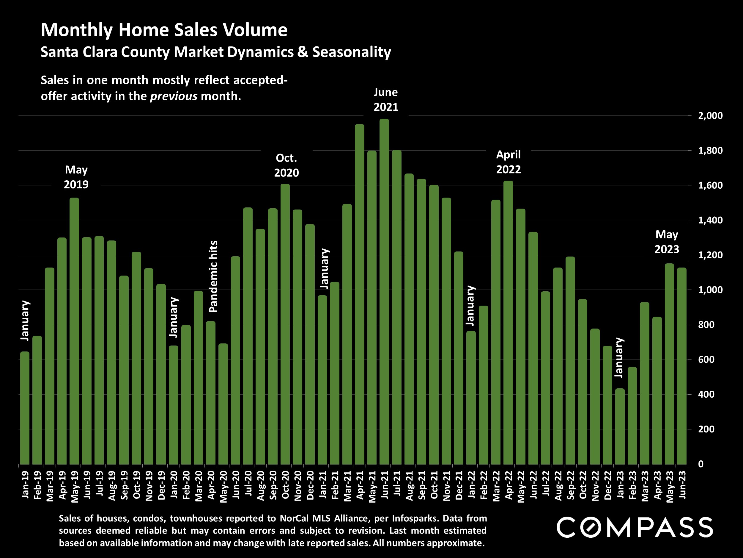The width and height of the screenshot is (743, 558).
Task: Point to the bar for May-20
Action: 223,404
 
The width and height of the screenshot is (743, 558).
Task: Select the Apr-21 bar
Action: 359,294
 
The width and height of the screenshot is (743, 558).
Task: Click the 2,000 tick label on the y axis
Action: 710,116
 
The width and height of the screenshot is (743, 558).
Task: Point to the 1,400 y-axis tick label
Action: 710,220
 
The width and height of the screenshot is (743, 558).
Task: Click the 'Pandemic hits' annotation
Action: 213,276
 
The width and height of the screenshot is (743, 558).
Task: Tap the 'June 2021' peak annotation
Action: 385,100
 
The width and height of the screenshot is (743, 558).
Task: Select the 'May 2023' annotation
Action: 666,242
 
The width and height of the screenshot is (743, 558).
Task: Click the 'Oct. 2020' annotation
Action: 286,165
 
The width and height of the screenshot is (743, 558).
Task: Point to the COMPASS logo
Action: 635,527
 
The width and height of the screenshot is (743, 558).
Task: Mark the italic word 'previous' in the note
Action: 173,96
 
